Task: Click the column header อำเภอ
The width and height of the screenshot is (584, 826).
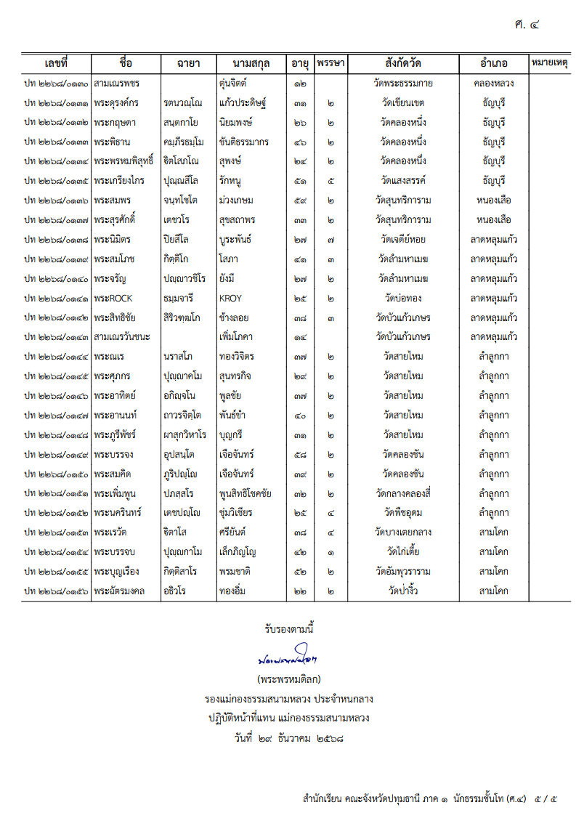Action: [x=494, y=63]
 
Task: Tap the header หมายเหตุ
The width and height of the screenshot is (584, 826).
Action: [x=550, y=62]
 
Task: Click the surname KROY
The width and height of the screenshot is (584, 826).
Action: [x=230, y=298]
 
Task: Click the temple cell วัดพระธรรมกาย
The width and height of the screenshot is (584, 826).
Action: [x=403, y=83]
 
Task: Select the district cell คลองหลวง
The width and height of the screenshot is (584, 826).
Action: [x=494, y=83]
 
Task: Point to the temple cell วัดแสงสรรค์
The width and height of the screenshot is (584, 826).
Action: [x=403, y=180]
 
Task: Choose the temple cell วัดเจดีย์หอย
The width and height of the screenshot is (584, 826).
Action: [x=403, y=239]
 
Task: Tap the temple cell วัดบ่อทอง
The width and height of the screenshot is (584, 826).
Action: [x=403, y=298]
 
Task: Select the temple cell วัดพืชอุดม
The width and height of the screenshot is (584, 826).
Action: [x=403, y=512]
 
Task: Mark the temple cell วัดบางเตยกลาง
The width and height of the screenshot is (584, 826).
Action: [x=403, y=532]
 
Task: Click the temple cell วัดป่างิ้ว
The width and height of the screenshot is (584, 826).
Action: [x=403, y=591]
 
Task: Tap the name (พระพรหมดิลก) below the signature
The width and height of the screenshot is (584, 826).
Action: [x=289, y=680]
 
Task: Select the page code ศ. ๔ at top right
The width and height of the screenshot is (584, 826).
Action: [x=526, y=25]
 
